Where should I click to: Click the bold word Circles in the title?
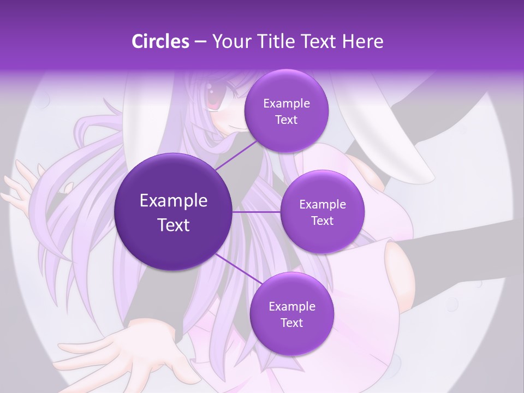click(x=160, y=41)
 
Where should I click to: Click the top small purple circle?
click(x=286, y=111)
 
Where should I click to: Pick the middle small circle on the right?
click(x=322, y=212)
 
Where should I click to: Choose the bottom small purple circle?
click(x=291, y=314)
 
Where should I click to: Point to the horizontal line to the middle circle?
click(x=256, y=212)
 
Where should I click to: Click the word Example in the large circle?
click(x=174, y=201)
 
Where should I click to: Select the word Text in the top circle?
click(x=286, y=120)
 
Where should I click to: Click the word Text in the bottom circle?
click(x=291, y=323)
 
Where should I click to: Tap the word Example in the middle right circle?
click(x=322, y=204)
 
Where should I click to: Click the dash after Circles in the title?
click(x=200, y=41)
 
